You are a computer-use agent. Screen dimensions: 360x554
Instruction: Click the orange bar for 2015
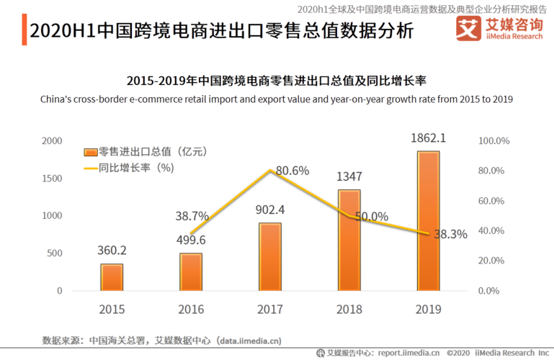pyautogui.click(x=112, y=277)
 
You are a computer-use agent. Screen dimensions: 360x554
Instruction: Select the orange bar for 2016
pyautogui.click(x=191, y=272)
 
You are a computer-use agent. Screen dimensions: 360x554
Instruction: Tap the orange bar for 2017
pyautogui.click(x=271, y=257)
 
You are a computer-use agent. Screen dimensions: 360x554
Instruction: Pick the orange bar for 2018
pyautogui.click(x=349, y=240)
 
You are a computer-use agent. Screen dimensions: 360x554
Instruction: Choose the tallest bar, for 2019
pyautogui.click(x=429, y=221)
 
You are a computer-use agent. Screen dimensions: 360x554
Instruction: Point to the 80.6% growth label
pyautogui.click(x=292, y=171)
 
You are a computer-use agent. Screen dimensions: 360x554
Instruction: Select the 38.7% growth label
pyautogui.click(x=192, y=216)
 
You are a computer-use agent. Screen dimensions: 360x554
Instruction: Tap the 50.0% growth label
pyautogui.click(x=371, y=217)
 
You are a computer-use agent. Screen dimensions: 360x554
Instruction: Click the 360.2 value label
pyautogui.click(x=112, y=251)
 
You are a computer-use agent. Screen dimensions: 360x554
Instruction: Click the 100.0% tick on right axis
pyautogui.click(x=494, y=141)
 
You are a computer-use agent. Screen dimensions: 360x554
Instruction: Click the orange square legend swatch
pyautogui.click(x=90, y=152)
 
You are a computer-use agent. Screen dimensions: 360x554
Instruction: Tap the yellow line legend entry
pyautogui.click(x=90, y=168)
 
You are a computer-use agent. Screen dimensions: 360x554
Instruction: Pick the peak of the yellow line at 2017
pyautogui.click(x=271, y=171)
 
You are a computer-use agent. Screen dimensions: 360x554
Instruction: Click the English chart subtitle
pyautogui.click(x=277, y=99)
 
